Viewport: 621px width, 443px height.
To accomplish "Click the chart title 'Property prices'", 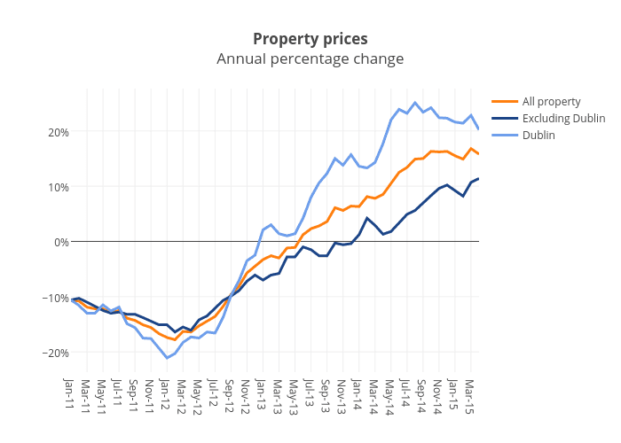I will click(x=310, y=39).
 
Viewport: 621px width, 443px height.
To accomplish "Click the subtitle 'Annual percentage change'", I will click(x=310, y=59).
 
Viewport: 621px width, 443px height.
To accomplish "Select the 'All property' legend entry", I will click(x=551, y=101).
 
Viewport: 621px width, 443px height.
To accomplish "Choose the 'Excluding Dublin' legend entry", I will click(x=563, y=118).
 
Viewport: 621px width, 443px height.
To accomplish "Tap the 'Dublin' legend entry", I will click(x=538, y=135).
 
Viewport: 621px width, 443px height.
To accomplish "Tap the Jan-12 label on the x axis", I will click(x=166, y=394).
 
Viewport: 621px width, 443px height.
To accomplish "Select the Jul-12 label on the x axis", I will click(x=214, y=394).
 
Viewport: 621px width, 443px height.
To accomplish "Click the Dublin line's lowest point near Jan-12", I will click(x=167, y=358).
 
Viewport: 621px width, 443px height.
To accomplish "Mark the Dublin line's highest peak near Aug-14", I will click(x=415, y=103).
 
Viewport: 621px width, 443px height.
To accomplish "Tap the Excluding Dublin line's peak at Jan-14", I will click(x=367, y=218).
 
